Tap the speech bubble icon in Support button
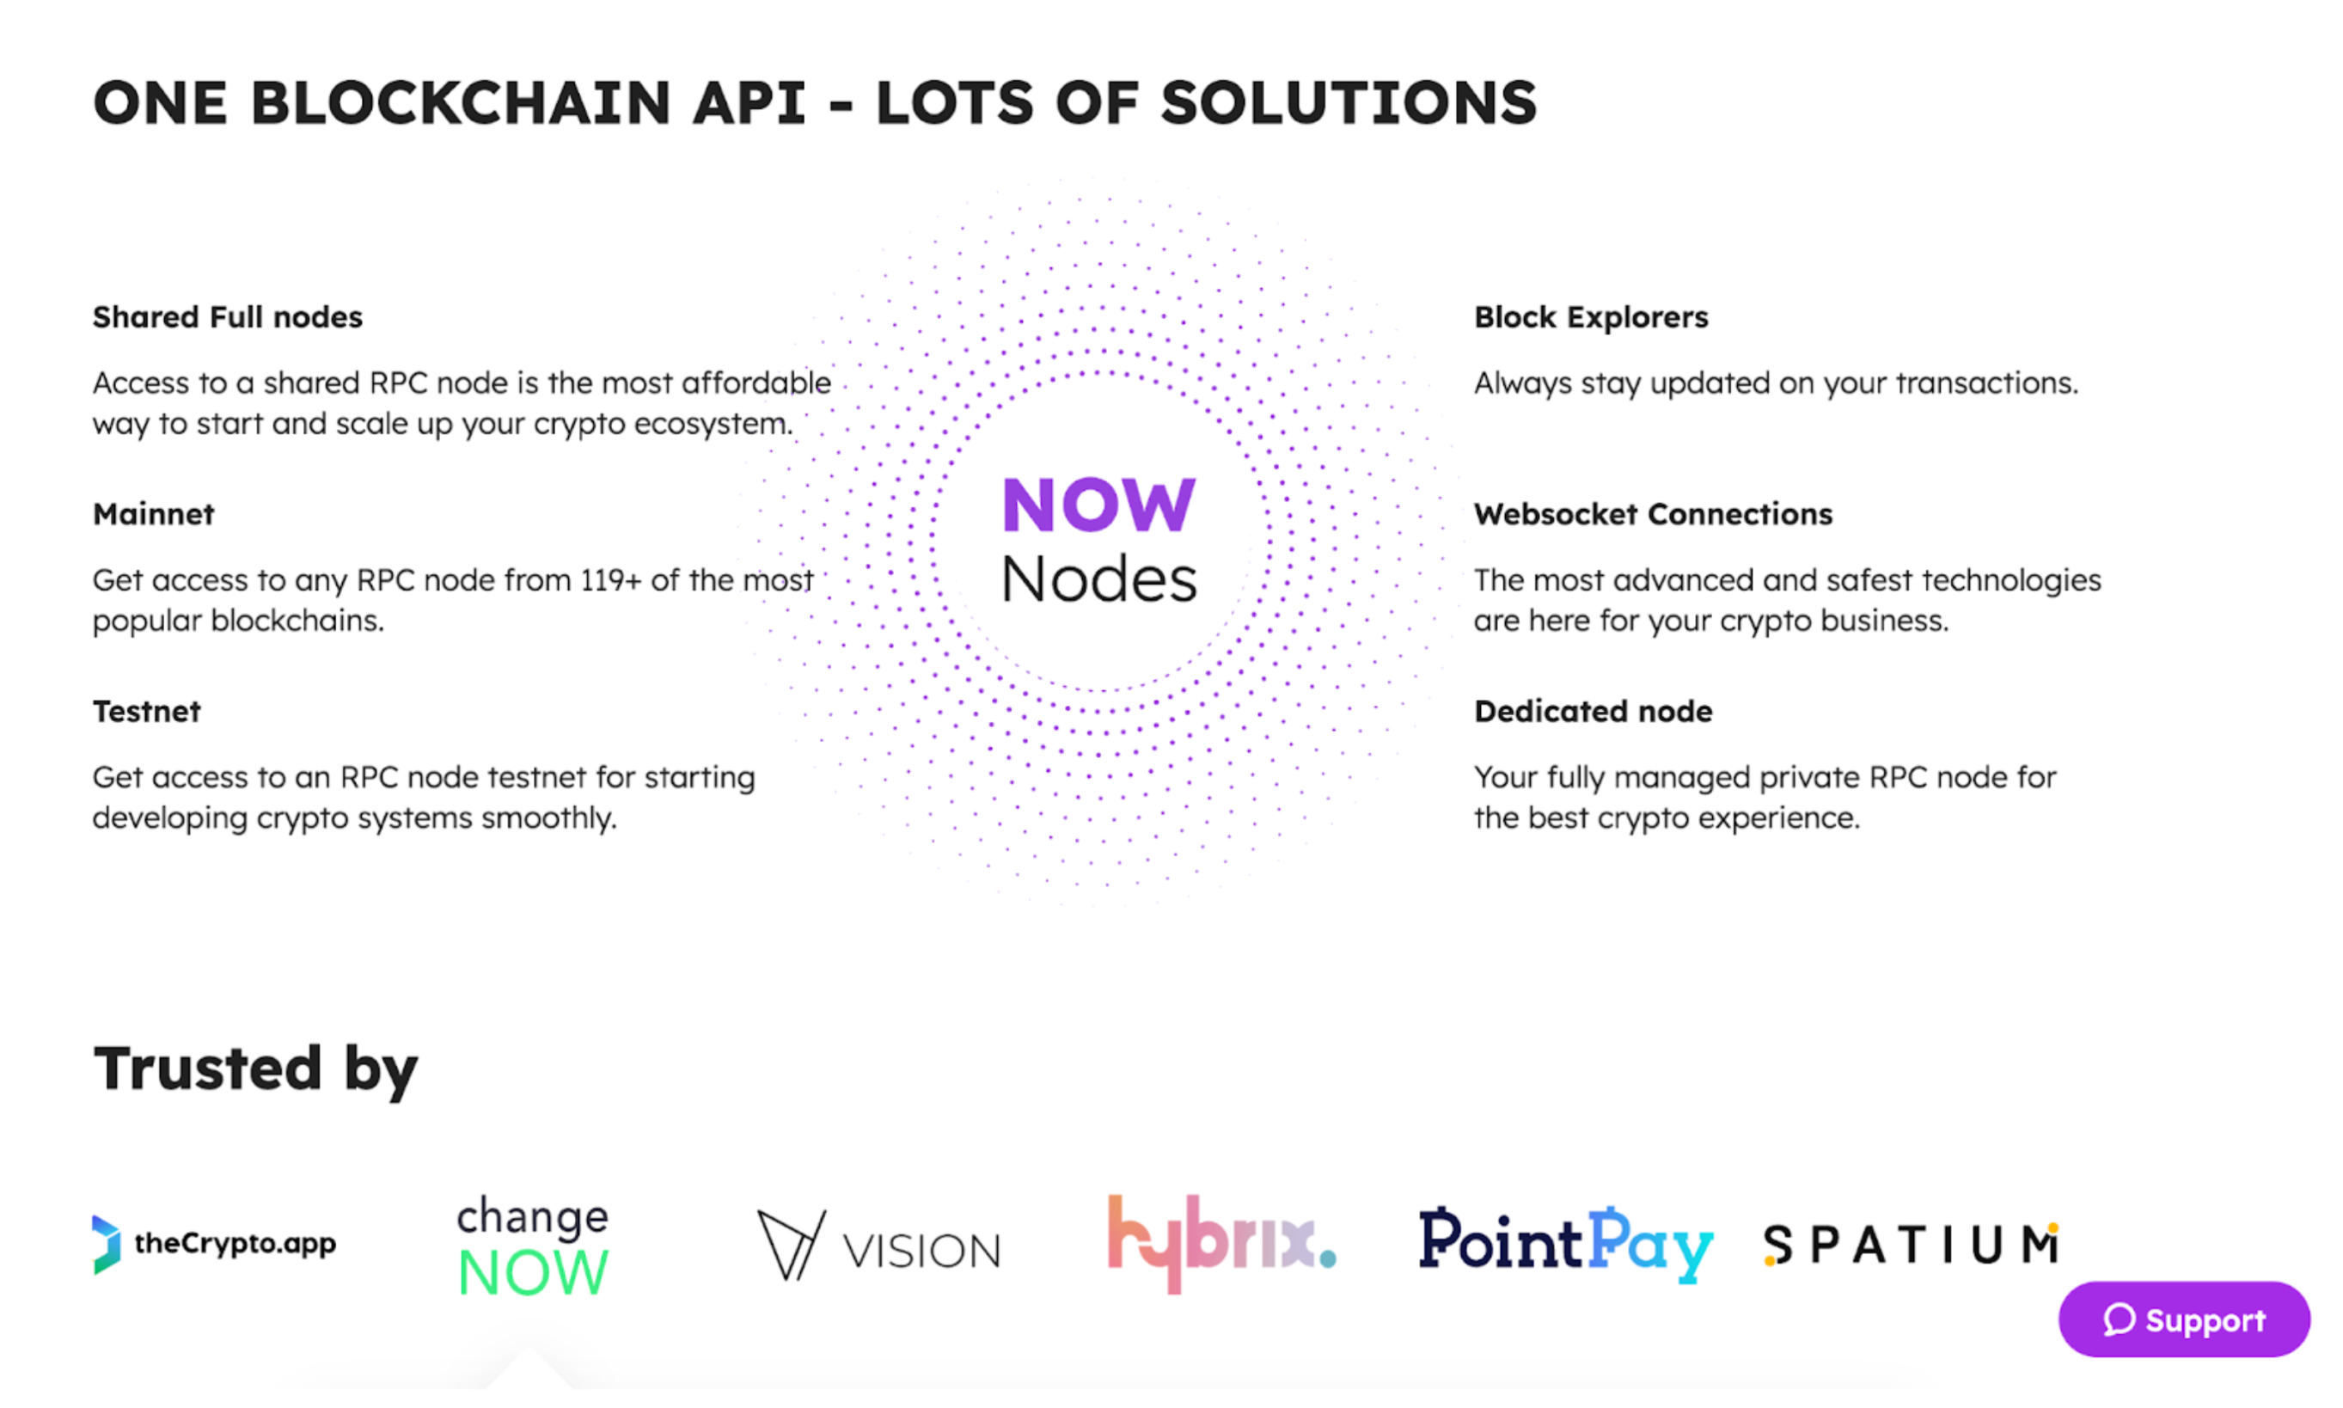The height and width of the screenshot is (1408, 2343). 2117,1319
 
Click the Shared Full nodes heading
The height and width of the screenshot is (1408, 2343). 227,317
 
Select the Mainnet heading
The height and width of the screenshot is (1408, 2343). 154,514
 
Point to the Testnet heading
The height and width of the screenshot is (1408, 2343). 146,712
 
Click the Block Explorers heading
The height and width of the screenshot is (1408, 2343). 1590,317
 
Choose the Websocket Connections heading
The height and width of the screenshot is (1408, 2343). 1653,514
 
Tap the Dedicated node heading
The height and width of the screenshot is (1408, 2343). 1593,712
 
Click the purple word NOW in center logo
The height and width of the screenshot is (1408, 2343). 1098,505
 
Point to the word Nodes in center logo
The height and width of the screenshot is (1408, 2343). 1098,579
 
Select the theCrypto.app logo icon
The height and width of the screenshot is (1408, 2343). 106,1244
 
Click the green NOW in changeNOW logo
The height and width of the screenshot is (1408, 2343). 532,1272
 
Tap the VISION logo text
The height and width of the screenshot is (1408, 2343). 921,1251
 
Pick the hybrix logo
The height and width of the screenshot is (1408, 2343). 1220,1243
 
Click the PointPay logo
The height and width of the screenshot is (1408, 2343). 1564,1244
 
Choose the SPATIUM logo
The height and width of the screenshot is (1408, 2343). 1910,1245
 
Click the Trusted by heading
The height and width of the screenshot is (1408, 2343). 254,1068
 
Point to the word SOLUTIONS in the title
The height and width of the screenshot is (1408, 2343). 1347,102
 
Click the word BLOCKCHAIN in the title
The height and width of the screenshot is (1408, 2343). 461,102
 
